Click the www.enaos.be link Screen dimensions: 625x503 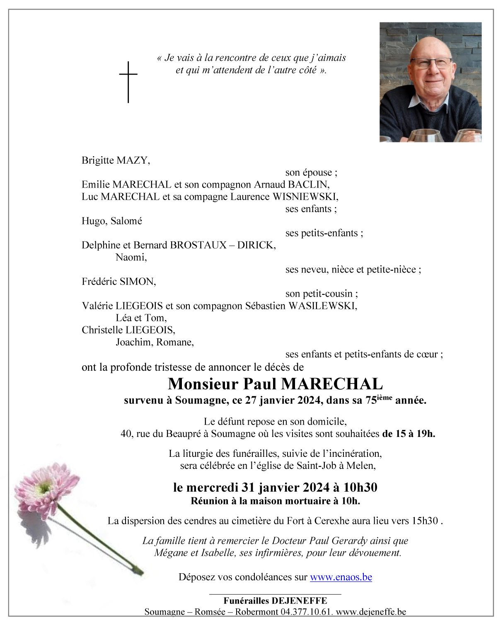tap(341, 577)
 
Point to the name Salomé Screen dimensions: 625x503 tap(126, 221)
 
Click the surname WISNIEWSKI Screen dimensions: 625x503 tap(305, 197)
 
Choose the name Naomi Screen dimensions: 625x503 tap(131, 258)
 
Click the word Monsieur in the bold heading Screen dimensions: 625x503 tap(203, 384)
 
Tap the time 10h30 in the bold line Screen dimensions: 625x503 tap(360, 487)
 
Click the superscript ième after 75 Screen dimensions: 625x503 tap(385, 398)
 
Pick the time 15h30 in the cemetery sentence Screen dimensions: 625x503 tap(424, 521)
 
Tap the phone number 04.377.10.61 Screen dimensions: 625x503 tap(306, 612)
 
